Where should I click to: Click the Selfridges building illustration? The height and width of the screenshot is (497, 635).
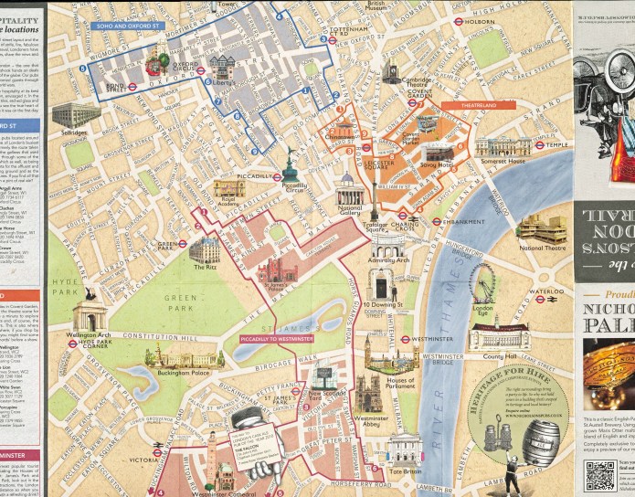click(x=76, y=115)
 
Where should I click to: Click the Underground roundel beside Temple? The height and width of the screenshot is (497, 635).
click(x=539, y=144)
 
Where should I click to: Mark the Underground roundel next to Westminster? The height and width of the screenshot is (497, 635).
click(x=405, y=338)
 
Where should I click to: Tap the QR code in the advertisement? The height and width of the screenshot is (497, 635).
click(x=599, y=476)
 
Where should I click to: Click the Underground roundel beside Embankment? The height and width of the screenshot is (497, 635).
click(x=438, y=221)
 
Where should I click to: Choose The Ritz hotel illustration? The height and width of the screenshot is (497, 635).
click(x=206, y=250)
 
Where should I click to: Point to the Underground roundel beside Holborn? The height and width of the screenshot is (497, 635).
click(x=458, y=20)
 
